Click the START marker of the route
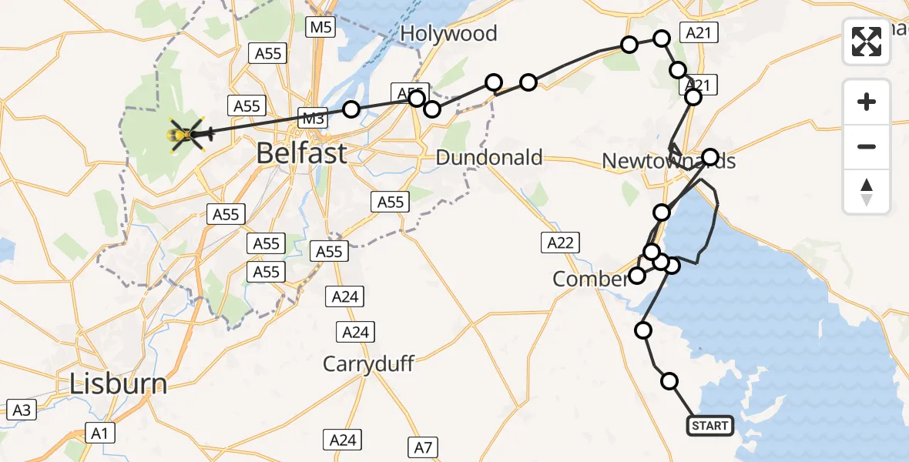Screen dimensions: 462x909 [709, 426]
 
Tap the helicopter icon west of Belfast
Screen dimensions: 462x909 [186, 136]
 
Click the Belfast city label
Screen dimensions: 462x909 [301, 153]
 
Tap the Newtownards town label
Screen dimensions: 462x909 [668, 161]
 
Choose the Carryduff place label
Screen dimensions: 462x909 [369, 363]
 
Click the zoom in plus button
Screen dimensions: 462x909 [867, 102]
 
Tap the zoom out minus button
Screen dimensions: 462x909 [867, 146]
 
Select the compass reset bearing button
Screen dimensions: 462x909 [867, 191]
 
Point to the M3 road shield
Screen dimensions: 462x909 [312, 118]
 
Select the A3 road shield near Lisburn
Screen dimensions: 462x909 [22, 410]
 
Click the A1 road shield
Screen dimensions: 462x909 [99, 434]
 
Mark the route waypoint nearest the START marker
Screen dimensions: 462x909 [669, 380]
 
